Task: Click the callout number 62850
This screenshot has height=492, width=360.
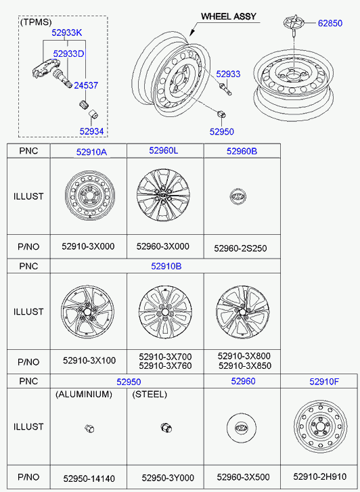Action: tap(330, 23)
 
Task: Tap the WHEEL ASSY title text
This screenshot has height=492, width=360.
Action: tap(229, 16)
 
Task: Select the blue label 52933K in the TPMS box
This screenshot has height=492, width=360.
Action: tap(66, 33)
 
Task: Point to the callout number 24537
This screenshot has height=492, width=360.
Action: tap(86, 85)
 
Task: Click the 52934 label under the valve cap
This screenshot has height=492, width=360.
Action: tap(91, 131)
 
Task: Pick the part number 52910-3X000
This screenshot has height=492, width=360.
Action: tap(88, 246)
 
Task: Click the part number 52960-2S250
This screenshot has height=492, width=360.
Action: tap(240, 248)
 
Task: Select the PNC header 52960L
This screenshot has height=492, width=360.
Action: tap(164, 151)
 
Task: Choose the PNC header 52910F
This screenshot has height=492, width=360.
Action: tap(324, 382)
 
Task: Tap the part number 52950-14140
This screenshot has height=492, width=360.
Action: tap(89, 478)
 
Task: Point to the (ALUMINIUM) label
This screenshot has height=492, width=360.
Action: tap(84, 395)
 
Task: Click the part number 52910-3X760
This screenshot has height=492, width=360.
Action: tap(165, 366)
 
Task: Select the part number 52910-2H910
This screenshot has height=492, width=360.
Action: tap(320, 476)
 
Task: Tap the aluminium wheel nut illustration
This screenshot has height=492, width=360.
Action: tap(89, 428)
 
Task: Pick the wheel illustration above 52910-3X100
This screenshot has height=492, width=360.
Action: tap(87, 311)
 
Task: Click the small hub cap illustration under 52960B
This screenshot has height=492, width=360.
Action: tap(238, 196)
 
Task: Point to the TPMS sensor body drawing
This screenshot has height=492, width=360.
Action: tap(44, 68)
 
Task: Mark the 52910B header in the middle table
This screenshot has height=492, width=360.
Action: tap(166, 266)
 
